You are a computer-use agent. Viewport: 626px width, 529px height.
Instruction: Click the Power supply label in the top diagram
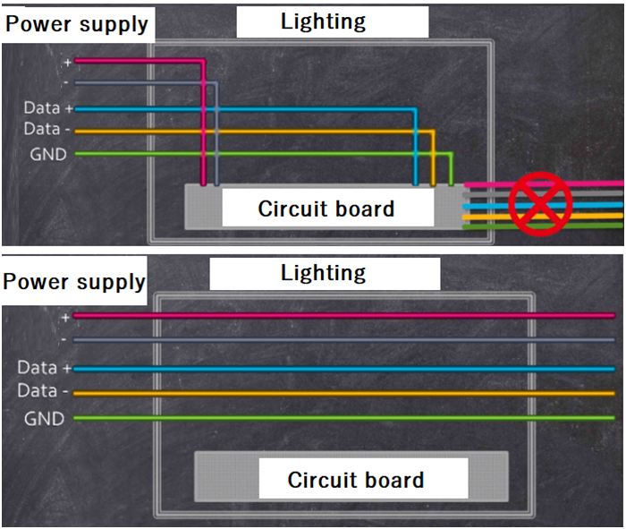[x=77, y=23]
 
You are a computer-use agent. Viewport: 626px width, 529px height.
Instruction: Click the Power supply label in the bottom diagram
[x=74, y=282]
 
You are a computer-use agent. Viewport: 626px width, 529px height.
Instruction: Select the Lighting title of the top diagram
[x=323, y=21]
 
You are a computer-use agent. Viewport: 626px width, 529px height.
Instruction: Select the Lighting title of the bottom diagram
[x=323, y=273]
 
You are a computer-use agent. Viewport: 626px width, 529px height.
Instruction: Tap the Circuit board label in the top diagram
[x=326, y=209]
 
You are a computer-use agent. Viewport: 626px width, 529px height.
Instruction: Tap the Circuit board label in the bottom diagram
[x=356, y=480]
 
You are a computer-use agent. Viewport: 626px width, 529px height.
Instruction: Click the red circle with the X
[x=540, y=204]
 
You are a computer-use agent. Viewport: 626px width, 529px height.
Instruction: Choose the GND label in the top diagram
[x=48, y=154]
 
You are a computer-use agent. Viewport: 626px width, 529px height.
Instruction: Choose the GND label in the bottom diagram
[x=46, y=418]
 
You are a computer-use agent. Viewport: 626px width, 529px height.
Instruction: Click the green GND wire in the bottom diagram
[x=340, y=418]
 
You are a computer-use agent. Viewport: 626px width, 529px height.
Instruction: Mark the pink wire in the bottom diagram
[x=340, y=316]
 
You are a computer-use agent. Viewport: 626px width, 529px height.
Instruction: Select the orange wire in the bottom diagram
[x=340, y=393]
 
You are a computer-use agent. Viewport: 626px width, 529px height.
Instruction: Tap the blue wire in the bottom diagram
[x=340, y=369]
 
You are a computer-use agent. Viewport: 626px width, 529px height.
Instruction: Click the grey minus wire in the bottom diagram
[x=340, y=340]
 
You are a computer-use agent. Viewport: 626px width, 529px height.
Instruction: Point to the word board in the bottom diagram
[x=391, y=480]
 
